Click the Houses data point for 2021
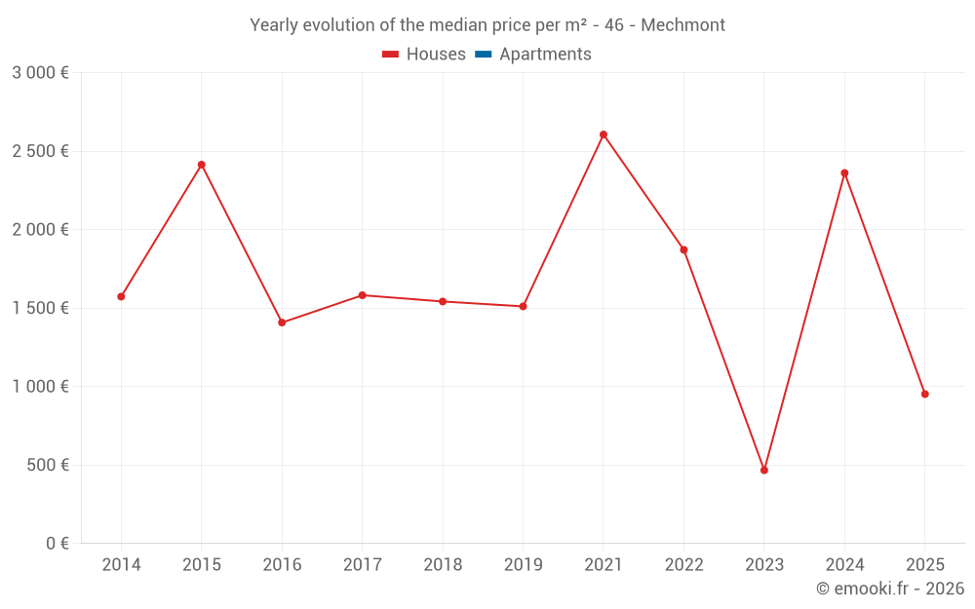(604, 134)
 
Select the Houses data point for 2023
(764, 470)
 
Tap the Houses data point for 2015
(202, 165)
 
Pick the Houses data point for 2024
(844, 173)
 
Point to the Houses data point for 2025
(925, 394)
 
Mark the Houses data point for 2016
(282, 323)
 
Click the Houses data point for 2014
(121, 296)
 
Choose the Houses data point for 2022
(683, 249)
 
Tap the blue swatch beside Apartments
(483, 55)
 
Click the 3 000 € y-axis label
(40, 73)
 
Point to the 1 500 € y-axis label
(40, 308)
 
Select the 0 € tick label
(57, 544)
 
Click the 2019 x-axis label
(523, 565)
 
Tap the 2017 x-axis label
(362, 565)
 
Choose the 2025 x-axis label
(925, 565)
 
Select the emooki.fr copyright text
(890, 589)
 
